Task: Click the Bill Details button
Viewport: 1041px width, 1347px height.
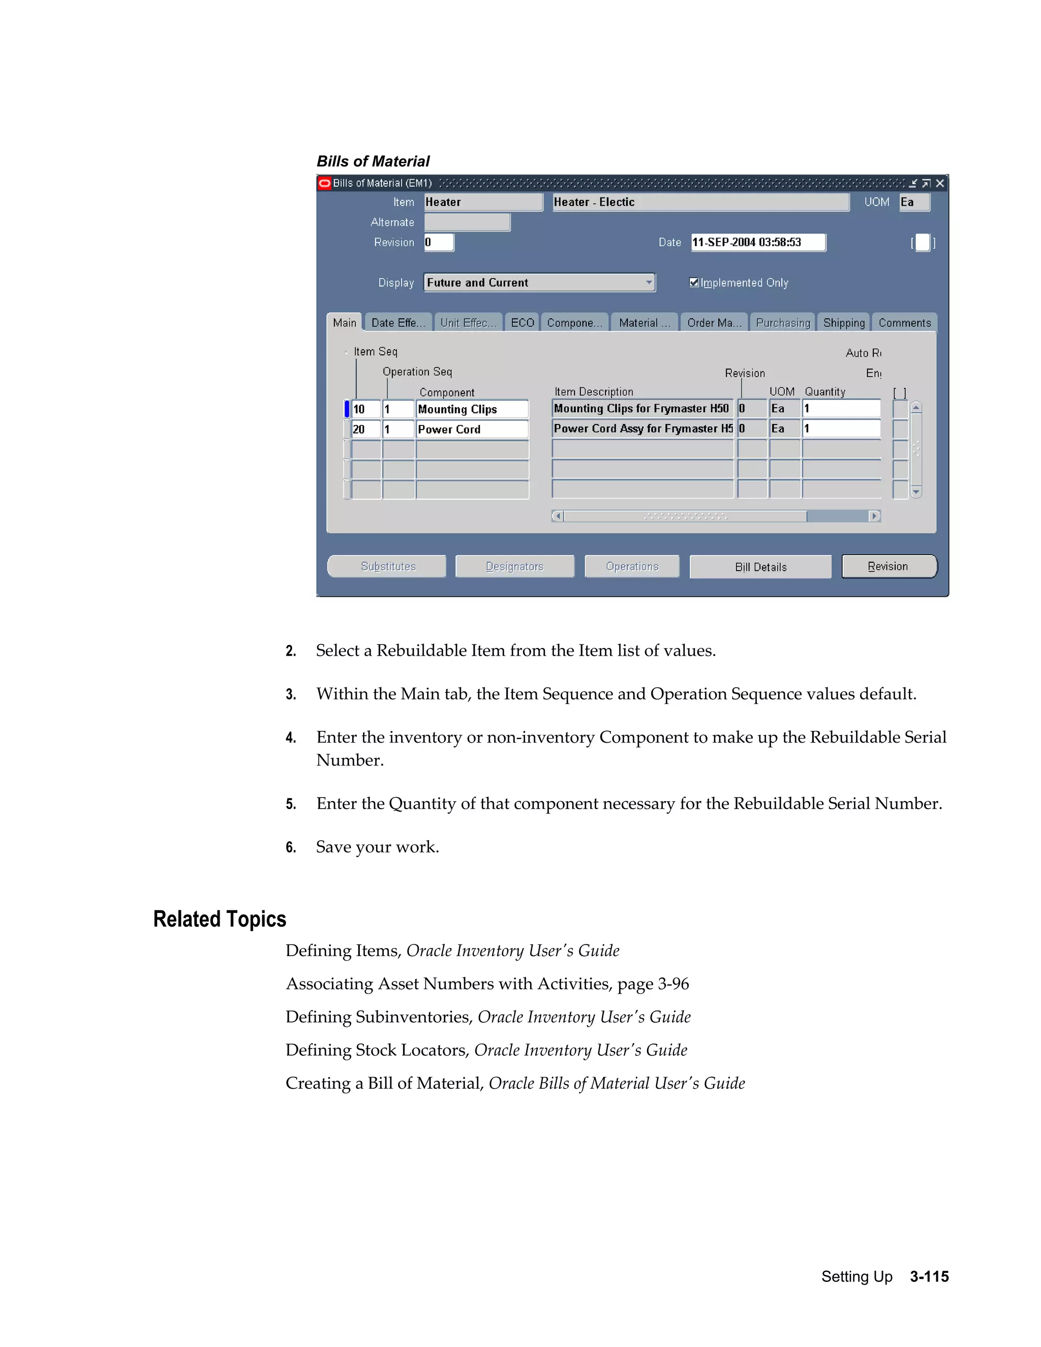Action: (760, 567)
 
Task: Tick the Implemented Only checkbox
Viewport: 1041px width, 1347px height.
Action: (694, 283)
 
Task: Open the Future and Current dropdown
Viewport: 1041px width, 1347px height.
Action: (648, 283)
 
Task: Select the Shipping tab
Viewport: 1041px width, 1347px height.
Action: (843, 323)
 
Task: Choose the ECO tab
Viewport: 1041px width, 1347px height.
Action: (522, 323)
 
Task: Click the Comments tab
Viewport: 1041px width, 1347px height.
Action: (904, 323)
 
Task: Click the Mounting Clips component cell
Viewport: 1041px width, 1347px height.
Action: (472, 409)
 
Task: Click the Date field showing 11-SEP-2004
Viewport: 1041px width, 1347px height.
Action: (757, 242)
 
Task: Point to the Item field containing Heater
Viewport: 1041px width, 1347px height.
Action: (483, 202)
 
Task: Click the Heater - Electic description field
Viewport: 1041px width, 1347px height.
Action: (700, 202)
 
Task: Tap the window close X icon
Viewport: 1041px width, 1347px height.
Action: (940, 183)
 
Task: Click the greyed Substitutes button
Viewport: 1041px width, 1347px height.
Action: (387, 566)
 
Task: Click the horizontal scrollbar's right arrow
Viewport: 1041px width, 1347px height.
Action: (874, 516)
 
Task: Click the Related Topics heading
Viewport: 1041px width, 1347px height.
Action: (220, 919)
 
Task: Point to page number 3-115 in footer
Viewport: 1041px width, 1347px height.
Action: (929, 1276)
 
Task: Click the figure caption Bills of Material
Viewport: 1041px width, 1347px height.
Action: (373, 162)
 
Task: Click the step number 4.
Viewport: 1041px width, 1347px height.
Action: (290, 738)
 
